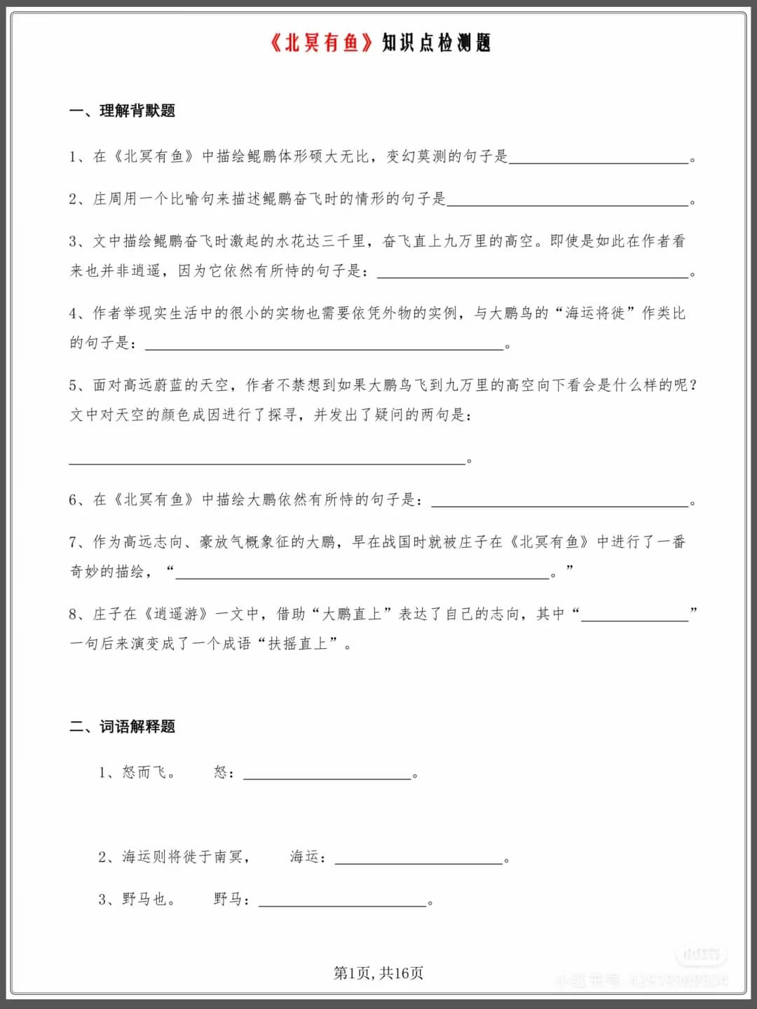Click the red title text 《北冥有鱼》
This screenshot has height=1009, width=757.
[322, 43]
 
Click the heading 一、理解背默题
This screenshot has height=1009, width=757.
[122, 111]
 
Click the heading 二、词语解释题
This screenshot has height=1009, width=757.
[122, 727]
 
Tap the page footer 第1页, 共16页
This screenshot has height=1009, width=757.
[378, 973]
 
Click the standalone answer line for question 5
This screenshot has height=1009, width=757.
[266, 460]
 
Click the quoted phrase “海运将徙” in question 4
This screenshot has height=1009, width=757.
[594, 313]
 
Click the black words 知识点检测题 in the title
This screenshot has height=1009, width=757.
[436, 43]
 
